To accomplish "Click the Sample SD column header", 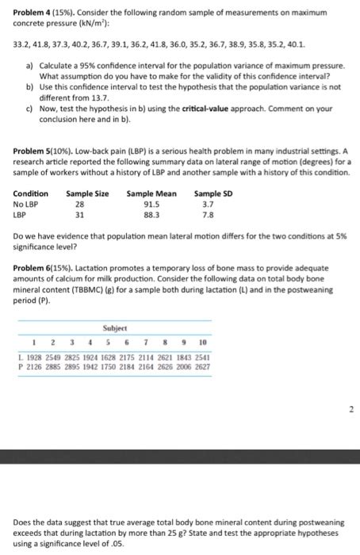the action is tap(213, 193).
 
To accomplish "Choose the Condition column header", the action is tap(30, 193).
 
